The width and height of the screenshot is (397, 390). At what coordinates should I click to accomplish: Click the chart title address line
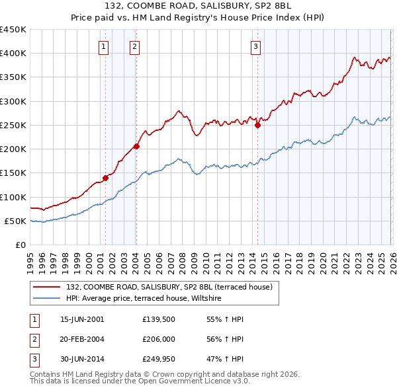198,5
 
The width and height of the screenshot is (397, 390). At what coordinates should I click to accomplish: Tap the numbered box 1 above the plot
105,46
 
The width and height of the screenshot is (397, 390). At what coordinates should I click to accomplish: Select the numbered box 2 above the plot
134,46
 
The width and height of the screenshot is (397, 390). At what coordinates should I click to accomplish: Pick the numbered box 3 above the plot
256,46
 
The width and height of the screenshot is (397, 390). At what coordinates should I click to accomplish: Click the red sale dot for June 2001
105,177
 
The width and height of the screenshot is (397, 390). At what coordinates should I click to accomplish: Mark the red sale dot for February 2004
136,146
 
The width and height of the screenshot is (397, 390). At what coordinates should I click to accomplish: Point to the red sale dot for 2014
257,126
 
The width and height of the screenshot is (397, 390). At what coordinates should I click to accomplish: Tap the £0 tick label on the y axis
21,245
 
